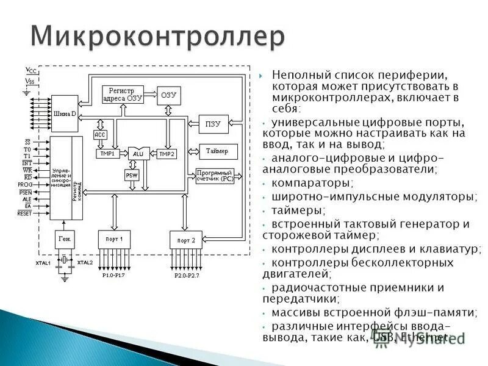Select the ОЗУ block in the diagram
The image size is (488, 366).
(x=168, y=95)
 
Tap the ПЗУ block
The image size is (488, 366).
(x=213, y=124)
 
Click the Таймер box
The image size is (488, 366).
(x=217, y=151)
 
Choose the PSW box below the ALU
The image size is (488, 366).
(x=132, y=175)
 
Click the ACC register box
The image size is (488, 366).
(x=100, y=135)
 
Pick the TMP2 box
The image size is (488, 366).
(x=166, y=154)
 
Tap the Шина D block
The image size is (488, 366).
(x=65, y=113)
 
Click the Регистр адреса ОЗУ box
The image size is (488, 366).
(x=122, y=95)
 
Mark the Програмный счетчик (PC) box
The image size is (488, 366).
(x=215, y=176)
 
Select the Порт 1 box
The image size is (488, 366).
(x=114, y=239)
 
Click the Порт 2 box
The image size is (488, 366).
(x=185, y=240)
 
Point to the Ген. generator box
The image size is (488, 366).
(x=64, y=239)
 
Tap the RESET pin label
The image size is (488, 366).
(x=24, y=213)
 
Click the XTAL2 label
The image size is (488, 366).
(x=85, y=262)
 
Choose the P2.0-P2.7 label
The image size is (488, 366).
(x=187, y=276)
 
